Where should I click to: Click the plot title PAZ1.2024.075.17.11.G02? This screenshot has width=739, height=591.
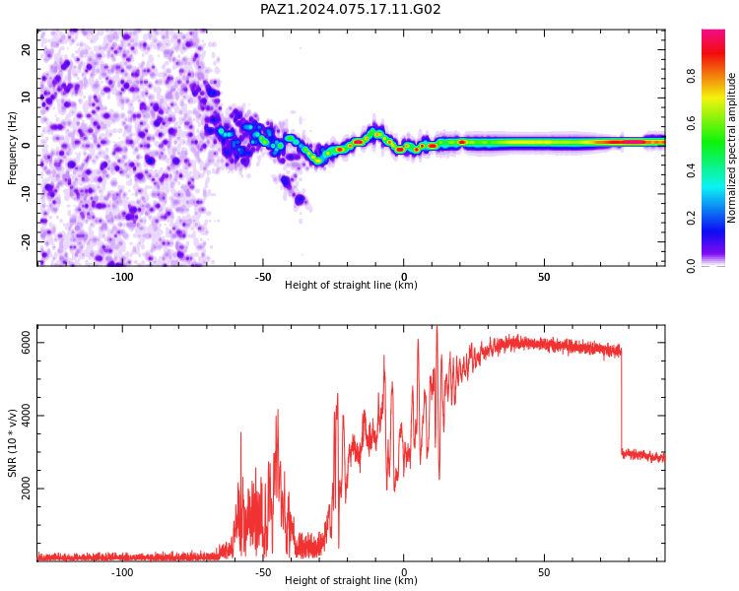coord(350,9)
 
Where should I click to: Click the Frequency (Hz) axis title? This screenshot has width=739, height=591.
coord(12,148)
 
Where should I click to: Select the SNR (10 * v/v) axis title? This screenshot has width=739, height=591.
coord(12,442)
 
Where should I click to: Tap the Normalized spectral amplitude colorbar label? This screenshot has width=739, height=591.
coord(731,148)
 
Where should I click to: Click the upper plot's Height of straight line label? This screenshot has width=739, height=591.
coord(351,285)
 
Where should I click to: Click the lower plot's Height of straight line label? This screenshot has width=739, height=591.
coord(351,580)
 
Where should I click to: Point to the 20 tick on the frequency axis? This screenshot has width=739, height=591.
coord(26,49)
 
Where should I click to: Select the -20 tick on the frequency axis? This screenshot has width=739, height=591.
coord(26,242)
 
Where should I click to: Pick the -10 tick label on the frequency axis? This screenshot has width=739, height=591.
coord(26,194)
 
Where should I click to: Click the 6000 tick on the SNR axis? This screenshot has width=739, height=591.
coord(26,343)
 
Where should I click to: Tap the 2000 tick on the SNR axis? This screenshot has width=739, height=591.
coord(26,489)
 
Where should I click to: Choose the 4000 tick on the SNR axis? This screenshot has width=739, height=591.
coord(26,416)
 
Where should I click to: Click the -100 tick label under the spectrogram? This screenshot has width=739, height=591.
coord(122,277)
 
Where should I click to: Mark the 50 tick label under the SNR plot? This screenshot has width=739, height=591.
coord(544,572)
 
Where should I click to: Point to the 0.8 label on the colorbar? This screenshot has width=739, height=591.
coord(691,76)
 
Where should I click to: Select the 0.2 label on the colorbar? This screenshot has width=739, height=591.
coord(691,218)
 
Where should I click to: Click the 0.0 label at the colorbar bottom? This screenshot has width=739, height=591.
coord(691,265)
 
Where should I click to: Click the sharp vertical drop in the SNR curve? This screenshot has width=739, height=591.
coord(621,400)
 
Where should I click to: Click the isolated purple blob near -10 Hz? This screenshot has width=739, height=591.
coord(300,200)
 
